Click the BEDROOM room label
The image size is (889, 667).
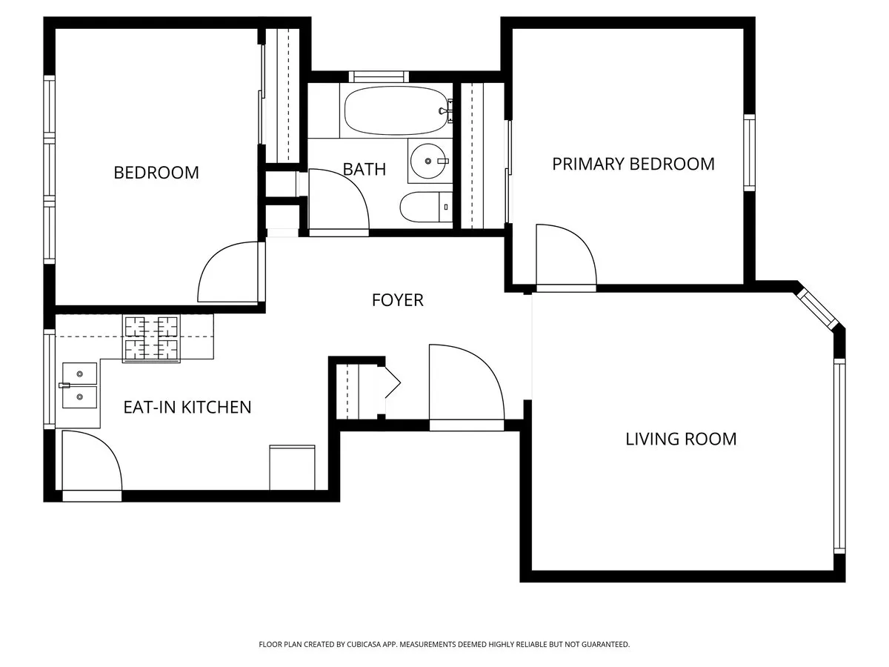click(x=156, y=173)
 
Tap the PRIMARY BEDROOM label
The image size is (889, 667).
click(x=633, y=164)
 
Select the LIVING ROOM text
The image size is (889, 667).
click(x=681, y=439)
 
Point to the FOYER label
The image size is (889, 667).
click(x=397, y=300)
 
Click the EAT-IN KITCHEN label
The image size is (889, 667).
click(x=187, y=407)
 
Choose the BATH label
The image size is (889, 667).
click(x=364, y=169)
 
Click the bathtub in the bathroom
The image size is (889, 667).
click(x=396, y=111)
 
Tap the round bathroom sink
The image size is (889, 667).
click(x=428, y=160)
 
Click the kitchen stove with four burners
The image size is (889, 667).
click(x=151, y=338)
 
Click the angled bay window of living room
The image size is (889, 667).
click(x=816, y=308)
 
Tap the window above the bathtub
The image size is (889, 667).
click(x=379, y=76)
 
